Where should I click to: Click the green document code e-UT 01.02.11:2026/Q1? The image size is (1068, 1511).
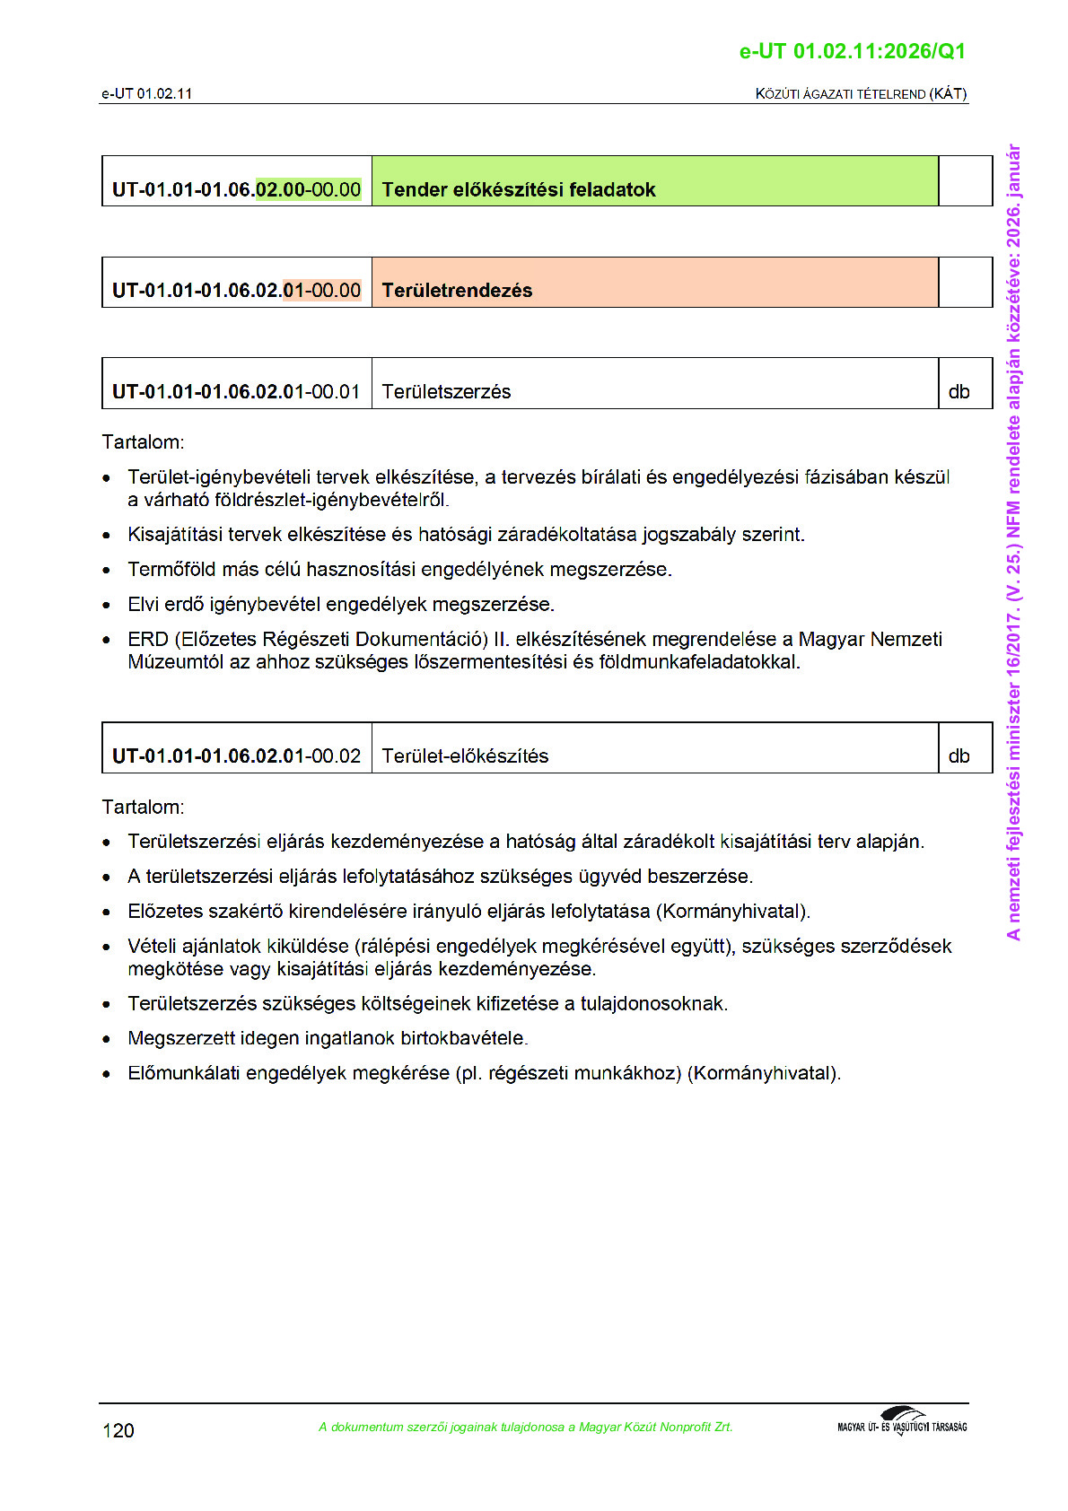(852, 52)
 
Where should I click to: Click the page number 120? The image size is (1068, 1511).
(118, 1430)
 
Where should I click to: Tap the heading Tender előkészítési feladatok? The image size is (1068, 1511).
(519, 190)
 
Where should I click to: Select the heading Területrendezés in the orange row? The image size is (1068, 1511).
(457, 291)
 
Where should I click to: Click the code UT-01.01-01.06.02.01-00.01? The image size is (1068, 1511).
(236, 392)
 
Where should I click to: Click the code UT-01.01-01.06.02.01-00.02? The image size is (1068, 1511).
(236, 756)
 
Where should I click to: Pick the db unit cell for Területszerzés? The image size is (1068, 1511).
(959, 392)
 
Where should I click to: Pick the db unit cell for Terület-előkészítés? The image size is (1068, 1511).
(959, 756)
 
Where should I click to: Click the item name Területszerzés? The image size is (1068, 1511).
(446, 392)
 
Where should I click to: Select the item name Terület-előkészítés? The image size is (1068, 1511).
(465, 756)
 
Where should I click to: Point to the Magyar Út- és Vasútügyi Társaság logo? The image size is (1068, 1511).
(902, 1423)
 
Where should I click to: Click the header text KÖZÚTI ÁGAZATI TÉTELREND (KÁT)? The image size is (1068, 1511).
(861, 94)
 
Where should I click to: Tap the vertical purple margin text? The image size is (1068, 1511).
(1013, 542)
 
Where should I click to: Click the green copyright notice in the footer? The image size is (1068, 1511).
(525, 1428)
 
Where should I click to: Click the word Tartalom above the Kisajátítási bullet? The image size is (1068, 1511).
(143, 442)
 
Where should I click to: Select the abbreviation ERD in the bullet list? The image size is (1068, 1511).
(148, 640)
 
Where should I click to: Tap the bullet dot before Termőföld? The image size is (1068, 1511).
(107, 571)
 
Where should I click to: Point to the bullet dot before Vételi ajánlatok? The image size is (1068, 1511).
(107, 948)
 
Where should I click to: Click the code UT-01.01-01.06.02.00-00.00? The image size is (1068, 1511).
(236, 190)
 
